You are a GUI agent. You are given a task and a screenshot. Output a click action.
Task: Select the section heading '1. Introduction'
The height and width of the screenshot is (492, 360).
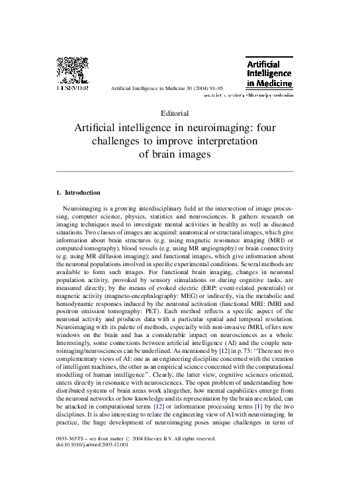click(x=79, y=193)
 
